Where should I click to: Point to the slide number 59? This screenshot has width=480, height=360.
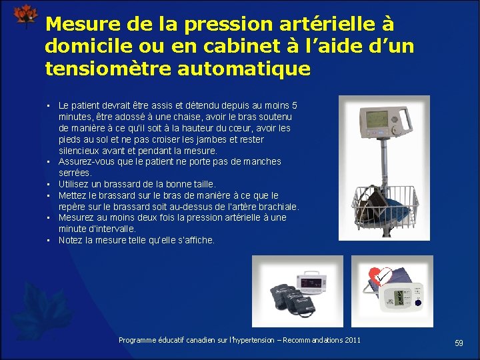pos(459,343)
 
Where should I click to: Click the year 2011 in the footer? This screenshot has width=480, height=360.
pos(352,340)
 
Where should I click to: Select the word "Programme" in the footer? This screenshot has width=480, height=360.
pos(137,340)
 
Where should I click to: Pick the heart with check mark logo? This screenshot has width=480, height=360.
pos(377,276)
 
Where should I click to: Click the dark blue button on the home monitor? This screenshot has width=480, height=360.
pos(418,302)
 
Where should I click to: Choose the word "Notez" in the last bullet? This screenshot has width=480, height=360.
pos(71,240)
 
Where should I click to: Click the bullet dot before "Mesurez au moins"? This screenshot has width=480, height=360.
pos(50,218)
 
